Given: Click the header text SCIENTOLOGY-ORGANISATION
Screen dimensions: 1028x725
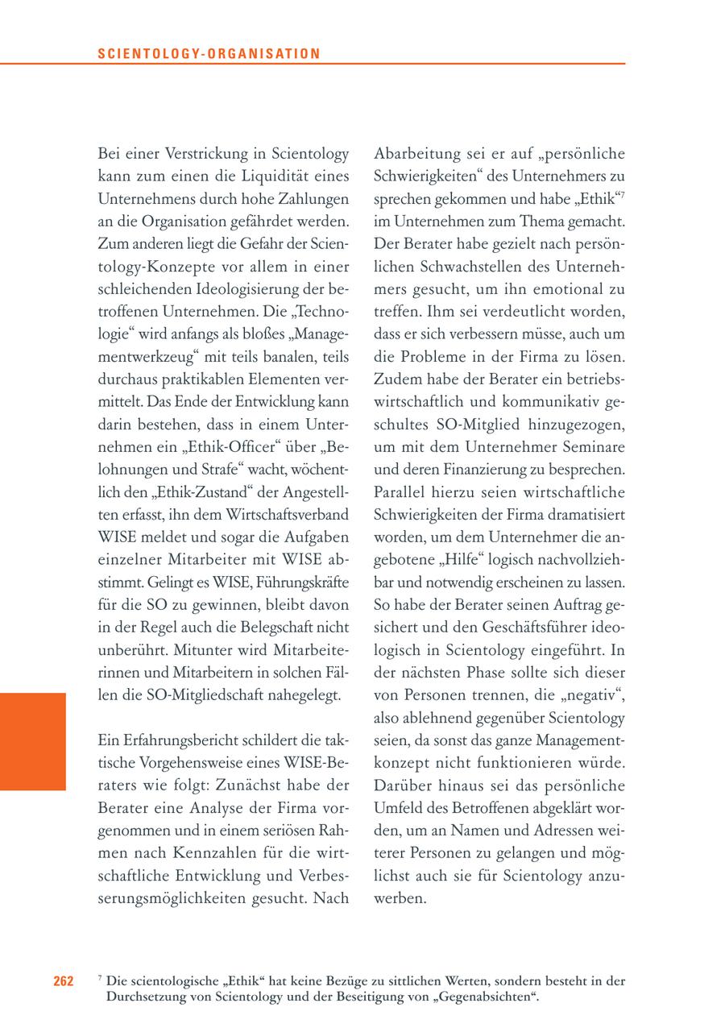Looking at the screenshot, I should point(209,54).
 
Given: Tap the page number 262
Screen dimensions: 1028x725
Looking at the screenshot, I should point(64,980).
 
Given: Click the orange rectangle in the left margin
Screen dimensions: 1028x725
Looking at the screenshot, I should point(33,741).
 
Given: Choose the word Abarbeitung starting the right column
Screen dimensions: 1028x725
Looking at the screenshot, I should point(417,154).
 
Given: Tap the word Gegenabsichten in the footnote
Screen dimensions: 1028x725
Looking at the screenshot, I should point(492,997).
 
